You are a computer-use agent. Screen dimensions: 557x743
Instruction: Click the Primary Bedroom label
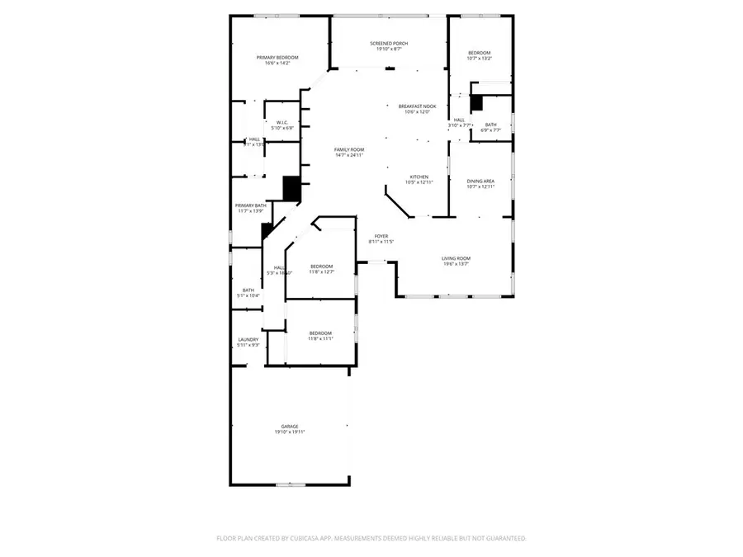coord(277,57)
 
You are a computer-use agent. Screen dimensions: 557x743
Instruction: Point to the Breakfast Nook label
coord(416,106)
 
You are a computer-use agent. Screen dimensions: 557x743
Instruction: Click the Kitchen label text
coord(419,177)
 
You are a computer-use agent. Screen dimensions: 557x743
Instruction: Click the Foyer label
coord(381,236)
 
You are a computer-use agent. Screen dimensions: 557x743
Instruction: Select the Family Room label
coord(349,149)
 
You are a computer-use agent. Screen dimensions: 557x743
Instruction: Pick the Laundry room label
coord(248,339)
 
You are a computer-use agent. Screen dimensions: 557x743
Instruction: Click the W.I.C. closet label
coord(282,122)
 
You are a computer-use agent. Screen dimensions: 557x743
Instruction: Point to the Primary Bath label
coord(250,205)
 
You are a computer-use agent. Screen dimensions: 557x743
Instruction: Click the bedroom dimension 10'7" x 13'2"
coord(479,59)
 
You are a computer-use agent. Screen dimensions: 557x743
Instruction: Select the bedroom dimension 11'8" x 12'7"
coord(321,271)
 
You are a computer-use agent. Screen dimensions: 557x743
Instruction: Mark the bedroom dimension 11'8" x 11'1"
coord(320,338)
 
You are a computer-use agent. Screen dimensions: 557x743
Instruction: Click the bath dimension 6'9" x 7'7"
coord(490,130)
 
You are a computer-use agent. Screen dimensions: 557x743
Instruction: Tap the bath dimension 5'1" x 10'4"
coord(248,295)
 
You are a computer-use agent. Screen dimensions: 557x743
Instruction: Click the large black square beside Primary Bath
coord(291,188)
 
